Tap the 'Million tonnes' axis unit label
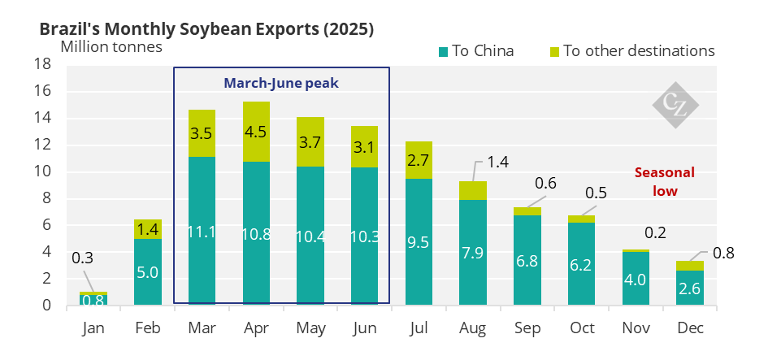coord(111,46)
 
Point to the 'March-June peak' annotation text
coord(280,83)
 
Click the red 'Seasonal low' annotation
coord(664,182)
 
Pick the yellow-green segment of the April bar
coord(257,132)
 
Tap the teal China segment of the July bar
coord(419,260)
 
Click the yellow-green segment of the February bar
coord(147,229)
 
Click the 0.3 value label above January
coord(82,259)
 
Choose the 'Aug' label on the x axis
coord(474,328)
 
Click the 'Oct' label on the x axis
coord(582,328)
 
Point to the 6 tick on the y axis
coord(46,225)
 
